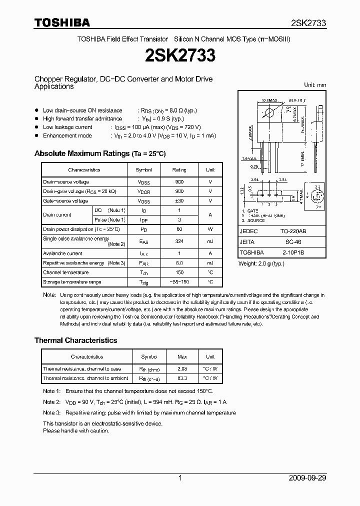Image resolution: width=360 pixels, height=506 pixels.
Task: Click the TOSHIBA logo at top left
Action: (x=62, y=22)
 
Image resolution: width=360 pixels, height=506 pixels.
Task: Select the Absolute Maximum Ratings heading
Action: (x=99, y=153)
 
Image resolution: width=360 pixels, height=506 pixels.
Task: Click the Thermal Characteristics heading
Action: (x=75, y=340)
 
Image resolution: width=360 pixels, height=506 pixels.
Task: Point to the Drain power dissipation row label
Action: (x=81, y=229)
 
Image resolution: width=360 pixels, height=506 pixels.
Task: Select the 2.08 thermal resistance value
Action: (x=182, y=369)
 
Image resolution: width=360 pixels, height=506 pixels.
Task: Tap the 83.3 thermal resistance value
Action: (x=182, y=378)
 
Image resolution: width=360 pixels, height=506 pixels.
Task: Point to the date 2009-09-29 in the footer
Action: (x=307, y=478)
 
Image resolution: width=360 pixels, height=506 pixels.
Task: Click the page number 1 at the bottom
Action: (x=180, y=478)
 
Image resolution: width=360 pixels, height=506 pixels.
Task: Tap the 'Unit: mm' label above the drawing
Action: (x=315, y=85)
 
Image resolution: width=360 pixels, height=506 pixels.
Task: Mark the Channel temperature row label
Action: (x=65, y=272)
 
